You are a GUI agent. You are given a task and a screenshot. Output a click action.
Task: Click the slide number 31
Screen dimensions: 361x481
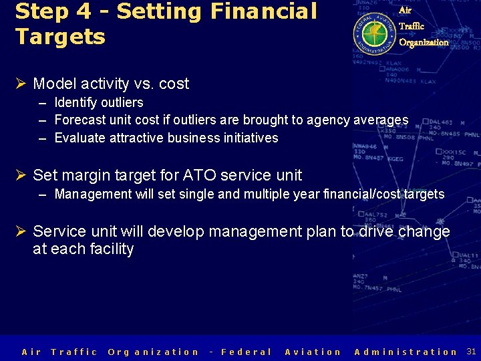click(x=471, y=351)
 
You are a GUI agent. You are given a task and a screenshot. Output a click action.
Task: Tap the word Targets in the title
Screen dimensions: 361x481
click(x=60, y=37)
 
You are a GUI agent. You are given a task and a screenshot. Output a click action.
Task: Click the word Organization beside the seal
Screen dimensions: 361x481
click(x=424, y=42)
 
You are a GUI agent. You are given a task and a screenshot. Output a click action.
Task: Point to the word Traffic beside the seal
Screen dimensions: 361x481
click(x=411, y=26)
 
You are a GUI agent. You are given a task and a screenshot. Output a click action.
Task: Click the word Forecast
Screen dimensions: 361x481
click(x=79, y=120)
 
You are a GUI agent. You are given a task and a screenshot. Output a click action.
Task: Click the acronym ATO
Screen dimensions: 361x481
click(x=200, y=175)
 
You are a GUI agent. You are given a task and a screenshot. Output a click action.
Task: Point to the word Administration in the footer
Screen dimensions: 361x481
click(x=406, y=352)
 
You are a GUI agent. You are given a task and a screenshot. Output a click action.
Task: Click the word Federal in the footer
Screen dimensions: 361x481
click(x=246, y=352)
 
